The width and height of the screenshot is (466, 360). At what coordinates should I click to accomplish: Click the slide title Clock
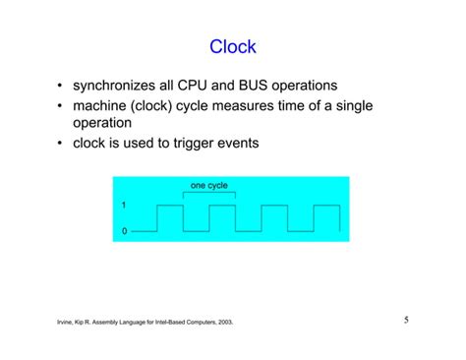point(233,46)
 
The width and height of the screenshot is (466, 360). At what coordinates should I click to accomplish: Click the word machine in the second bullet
point(104,106)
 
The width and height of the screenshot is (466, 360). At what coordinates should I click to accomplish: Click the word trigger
point(217,143)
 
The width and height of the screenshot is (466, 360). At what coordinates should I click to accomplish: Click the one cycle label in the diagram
point(208,185)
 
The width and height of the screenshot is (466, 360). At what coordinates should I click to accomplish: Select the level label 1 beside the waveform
point(124,206)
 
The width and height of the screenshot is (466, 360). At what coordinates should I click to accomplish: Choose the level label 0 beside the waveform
point(124,230)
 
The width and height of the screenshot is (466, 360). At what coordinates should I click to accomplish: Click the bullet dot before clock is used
point(61,143)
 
